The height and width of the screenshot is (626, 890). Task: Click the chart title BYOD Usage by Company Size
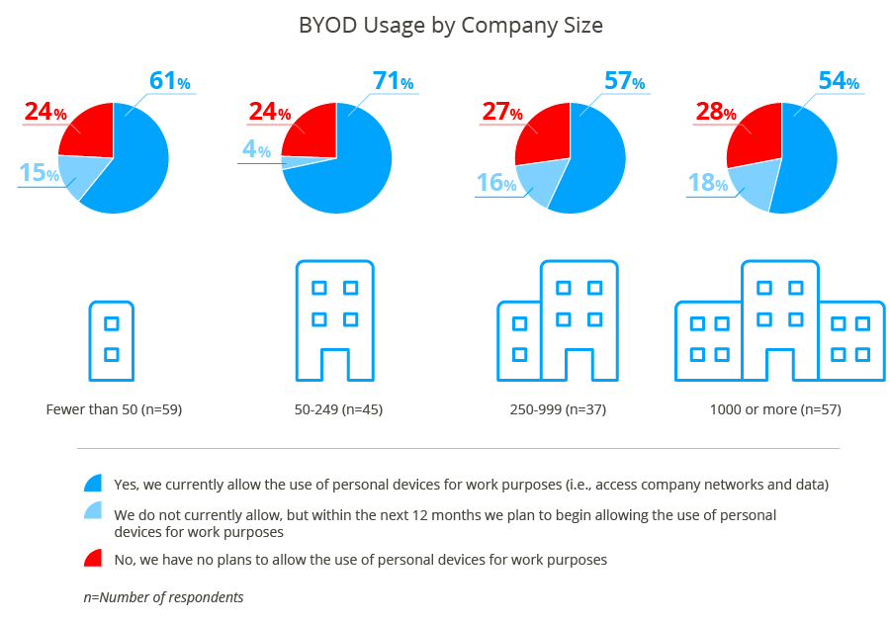(450, 26)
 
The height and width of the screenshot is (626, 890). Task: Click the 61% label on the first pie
(169, 81)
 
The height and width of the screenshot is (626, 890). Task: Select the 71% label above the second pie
(393, 81)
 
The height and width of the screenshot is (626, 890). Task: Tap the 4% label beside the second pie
(256, 149)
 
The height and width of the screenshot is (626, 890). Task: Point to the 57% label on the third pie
(624, 82)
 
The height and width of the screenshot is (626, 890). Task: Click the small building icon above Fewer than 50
(112, 340)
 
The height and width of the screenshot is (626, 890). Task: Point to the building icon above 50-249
(334, 320)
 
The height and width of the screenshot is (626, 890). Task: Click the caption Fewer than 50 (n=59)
(114, 408)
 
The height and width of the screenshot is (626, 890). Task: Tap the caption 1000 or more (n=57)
(775, 408)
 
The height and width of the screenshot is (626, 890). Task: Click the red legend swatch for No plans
(93, 560)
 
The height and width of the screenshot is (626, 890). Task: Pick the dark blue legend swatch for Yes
(93, 484)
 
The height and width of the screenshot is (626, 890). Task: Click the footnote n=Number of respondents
(163, 597)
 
